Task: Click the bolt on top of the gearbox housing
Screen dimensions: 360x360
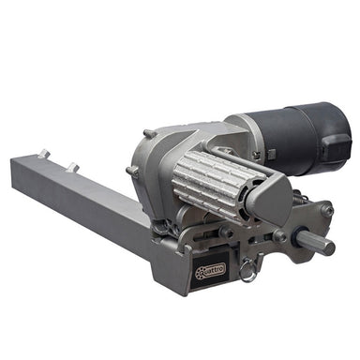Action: (x=150, y=134)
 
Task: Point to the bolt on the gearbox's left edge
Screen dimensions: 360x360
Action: (x=133, y=171)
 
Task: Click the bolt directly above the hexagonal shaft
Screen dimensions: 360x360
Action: (x=326, y=212)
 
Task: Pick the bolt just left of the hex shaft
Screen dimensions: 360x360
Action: (x=279, y=236)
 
